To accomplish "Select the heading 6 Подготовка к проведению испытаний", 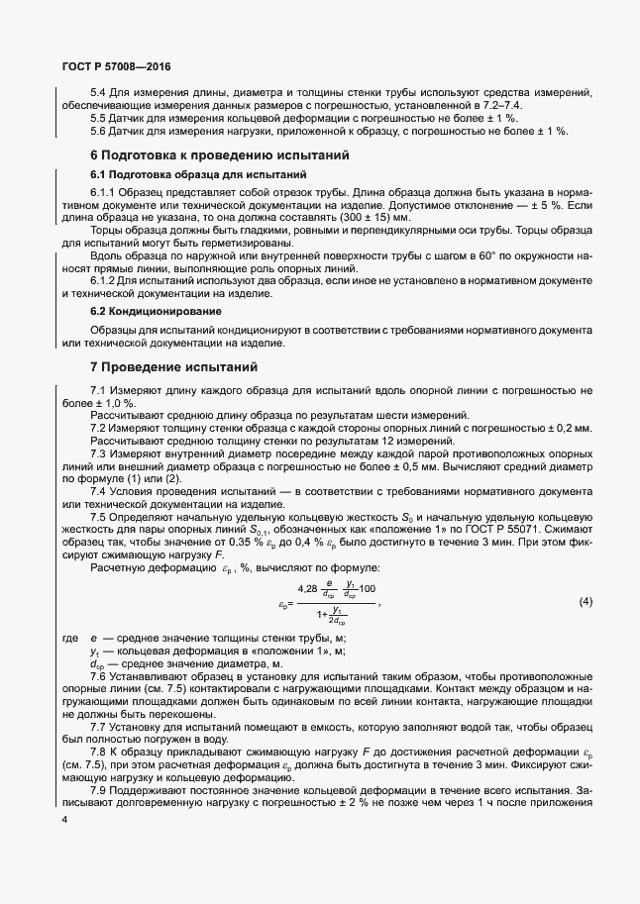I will click(219, 156).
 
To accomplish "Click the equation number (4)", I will click(585, 602).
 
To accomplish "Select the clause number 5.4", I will click(99, 93).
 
